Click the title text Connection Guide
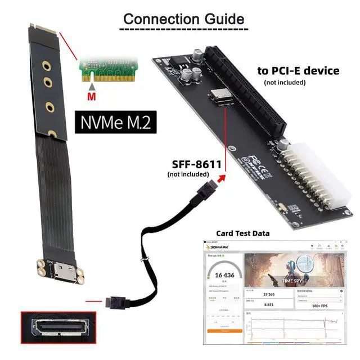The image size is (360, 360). click(x=184, y=18)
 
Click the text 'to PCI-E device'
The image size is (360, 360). click(x=298, y=71)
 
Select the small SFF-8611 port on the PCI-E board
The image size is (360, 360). click(x=217, y=96)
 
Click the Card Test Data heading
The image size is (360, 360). click(x=242, y=233)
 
